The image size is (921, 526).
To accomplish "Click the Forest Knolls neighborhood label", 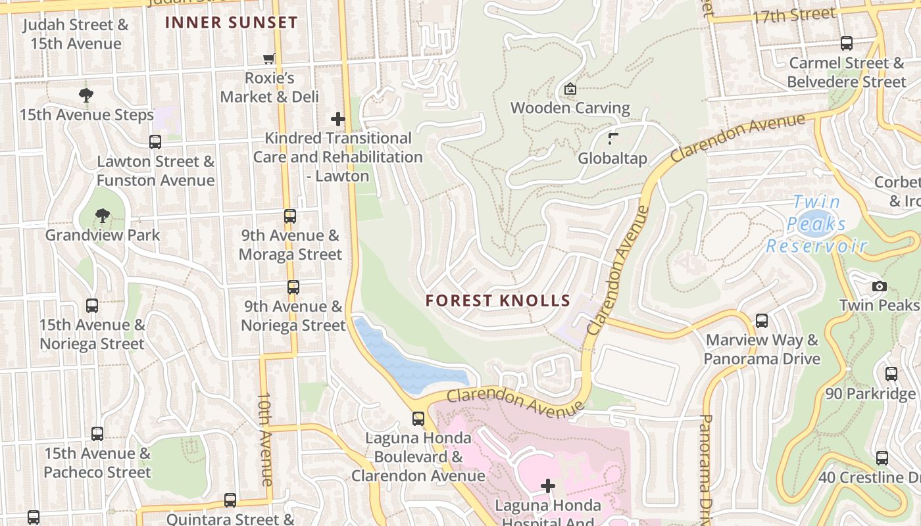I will (x=497, y=301).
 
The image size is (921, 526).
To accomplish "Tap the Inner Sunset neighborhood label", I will (x=231, y=22).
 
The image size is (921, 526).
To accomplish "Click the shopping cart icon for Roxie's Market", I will (x=269, y=59).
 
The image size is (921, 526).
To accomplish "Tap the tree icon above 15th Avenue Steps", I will (x=86, y=95).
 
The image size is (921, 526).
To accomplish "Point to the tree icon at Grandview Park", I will (x=102, y=216).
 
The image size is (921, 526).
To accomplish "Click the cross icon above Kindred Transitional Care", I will (x=338, y=119).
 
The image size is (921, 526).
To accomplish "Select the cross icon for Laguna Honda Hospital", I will (x=548, y=486).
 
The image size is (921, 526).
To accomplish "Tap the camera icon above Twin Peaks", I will (x=879, y=286).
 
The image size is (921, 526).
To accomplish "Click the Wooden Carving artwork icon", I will (x=570, y=89).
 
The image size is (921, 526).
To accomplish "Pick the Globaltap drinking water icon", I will (x=613, y=139).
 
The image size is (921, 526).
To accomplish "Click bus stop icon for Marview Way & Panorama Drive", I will (x=762, y=321).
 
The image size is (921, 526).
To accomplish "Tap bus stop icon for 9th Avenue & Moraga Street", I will (x=290, y=216).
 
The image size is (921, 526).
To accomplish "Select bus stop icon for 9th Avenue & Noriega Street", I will (x=293, y=287).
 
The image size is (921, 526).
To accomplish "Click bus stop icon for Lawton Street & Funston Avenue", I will (x=155, y=142).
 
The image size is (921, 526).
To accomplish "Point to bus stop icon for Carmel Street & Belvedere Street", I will (x=847, y=44).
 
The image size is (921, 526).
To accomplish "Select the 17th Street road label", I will (x=794, y=15).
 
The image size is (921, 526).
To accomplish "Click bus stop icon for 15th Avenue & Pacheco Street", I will (x=97, y=434).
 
